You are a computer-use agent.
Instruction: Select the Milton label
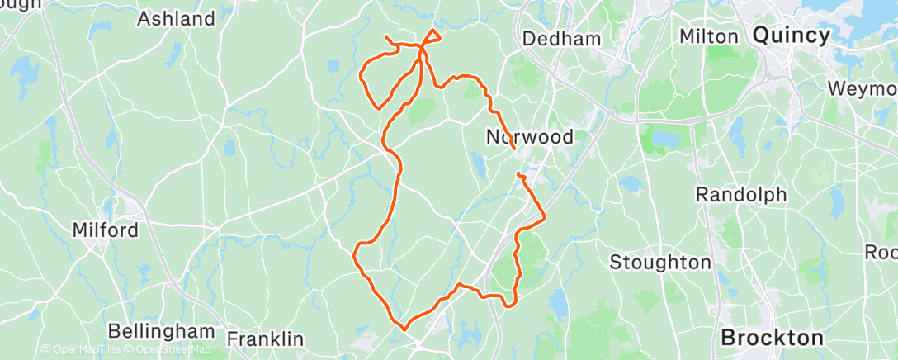(x=707, y=36)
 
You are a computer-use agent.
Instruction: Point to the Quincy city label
(x=791, y=36)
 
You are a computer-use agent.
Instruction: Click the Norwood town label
(x=529, y=137)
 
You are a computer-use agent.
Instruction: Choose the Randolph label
(x=740, y=195)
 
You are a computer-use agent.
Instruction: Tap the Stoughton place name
(x=659, y=263)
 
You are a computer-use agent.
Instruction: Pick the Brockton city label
(x=772, y=338)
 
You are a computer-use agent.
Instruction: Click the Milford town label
(x=105, y=230)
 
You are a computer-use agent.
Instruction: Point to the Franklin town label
(x=265, y=339)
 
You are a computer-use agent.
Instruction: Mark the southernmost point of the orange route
(x=404, y=328)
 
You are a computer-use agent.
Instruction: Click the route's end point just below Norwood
(x=518, y=174)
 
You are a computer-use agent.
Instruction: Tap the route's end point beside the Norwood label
(x=513, y=148)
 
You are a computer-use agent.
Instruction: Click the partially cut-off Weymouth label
(x=863, y=88)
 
